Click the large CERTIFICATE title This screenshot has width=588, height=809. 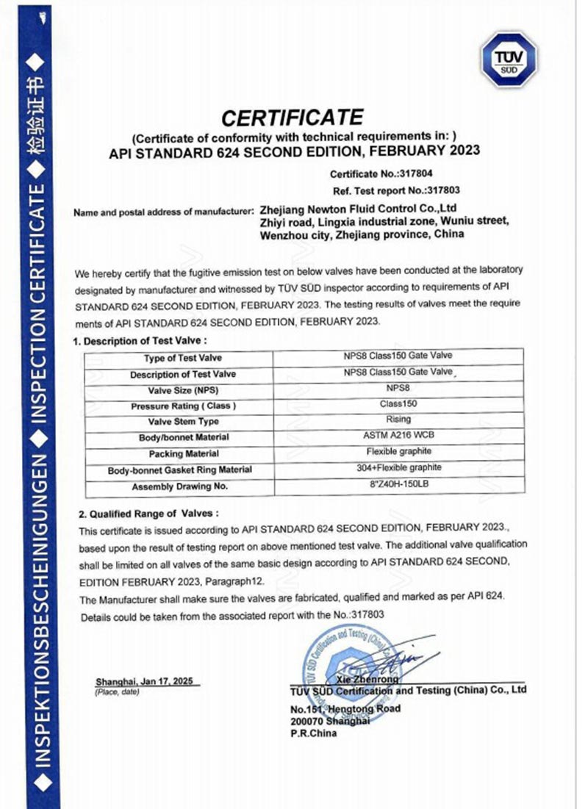293,117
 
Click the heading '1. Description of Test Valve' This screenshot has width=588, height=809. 140,342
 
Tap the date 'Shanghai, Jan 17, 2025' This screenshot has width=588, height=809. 144,682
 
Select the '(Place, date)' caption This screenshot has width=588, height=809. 117,693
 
